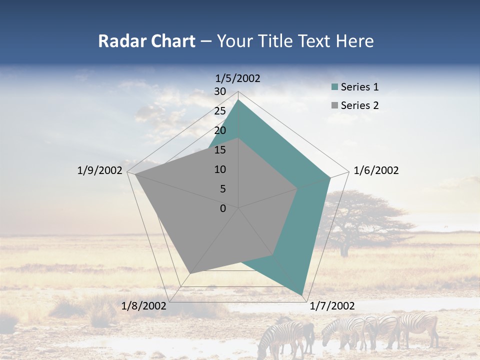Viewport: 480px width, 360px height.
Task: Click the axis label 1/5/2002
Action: click(x=238, y=78)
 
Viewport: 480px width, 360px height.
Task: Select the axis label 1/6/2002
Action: click(x=376, y=170)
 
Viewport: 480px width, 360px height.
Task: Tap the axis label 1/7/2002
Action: click(x=332, y=306)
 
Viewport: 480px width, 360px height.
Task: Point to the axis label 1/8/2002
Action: click(x=144, y=306)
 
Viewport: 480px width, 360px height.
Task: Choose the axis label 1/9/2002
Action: click(x=100, y=170)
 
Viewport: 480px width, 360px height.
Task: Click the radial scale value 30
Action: click(x=220, y=91)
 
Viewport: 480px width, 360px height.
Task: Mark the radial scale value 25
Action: click(x=220, y=111)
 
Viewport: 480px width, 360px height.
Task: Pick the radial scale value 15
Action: click(x=220, y=150)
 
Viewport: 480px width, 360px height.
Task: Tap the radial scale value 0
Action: click(x=223, y=208)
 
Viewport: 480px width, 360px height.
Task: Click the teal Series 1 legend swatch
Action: click(x=334, y=87)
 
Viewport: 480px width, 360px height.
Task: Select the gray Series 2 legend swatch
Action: click(x=334, y=105)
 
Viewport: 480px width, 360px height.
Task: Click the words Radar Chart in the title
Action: click(x=146, y=41)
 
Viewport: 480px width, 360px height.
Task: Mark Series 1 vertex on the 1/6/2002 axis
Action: click(x=330, y=177)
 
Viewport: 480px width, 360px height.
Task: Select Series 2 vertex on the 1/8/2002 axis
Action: click(x=189, y=273)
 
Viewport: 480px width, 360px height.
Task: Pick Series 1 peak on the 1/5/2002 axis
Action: click(x=238, y=100)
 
